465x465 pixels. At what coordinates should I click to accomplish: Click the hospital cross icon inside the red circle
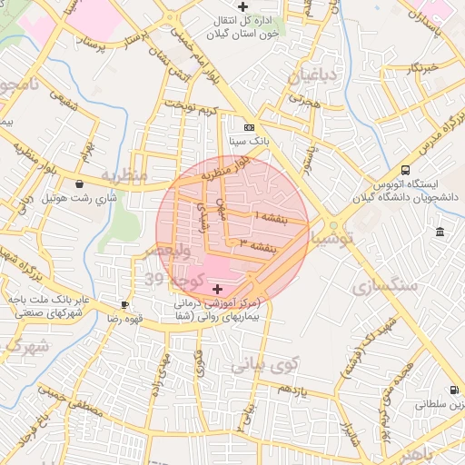pos(215,288)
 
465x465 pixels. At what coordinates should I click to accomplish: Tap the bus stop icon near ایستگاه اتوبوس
pos(404,170)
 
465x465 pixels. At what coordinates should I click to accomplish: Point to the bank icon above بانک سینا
pos(249,128)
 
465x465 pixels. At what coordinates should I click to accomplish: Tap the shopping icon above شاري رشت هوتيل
pos(80,183)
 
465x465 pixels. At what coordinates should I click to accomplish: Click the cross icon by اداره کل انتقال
pos(242,7)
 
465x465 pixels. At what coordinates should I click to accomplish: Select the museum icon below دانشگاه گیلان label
pos(440,232)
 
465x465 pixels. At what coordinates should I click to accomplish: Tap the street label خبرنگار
pos(422,66)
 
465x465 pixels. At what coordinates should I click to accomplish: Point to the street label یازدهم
pos(296,389)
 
